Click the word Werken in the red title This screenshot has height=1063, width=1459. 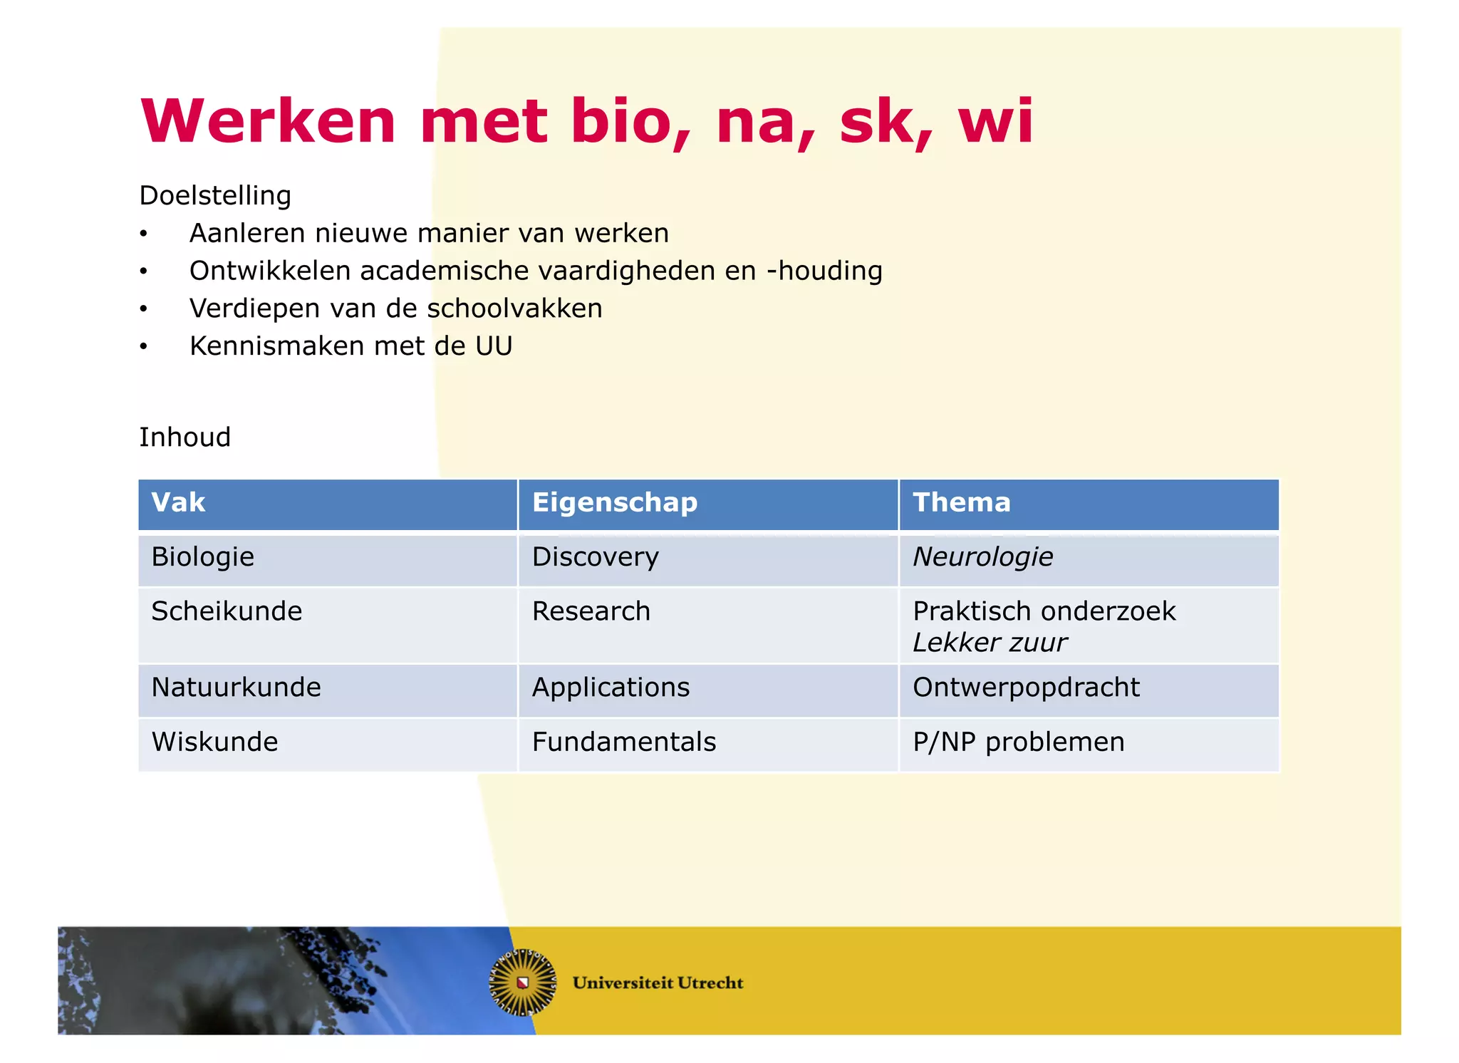268,121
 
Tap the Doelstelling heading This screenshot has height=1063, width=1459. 215,195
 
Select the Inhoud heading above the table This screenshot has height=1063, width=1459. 185,437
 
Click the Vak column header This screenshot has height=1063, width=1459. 178,502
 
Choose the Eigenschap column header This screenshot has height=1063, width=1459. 614,502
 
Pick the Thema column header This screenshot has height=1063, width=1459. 961,502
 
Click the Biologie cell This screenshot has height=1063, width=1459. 202,556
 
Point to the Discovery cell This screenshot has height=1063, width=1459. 595,556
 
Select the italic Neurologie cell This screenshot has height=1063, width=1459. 982,556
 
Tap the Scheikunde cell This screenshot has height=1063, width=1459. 227,611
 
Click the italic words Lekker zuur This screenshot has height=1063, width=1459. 990,643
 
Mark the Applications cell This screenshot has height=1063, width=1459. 611,688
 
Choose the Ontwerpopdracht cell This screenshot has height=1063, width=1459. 1026,688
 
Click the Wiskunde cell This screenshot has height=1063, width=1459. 214,742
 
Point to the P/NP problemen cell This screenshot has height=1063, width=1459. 1018,742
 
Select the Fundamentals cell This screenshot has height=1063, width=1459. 623,742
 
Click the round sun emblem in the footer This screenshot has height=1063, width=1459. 523,982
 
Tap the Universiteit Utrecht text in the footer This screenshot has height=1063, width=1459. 657,982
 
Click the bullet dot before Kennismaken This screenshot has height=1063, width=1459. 143,347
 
